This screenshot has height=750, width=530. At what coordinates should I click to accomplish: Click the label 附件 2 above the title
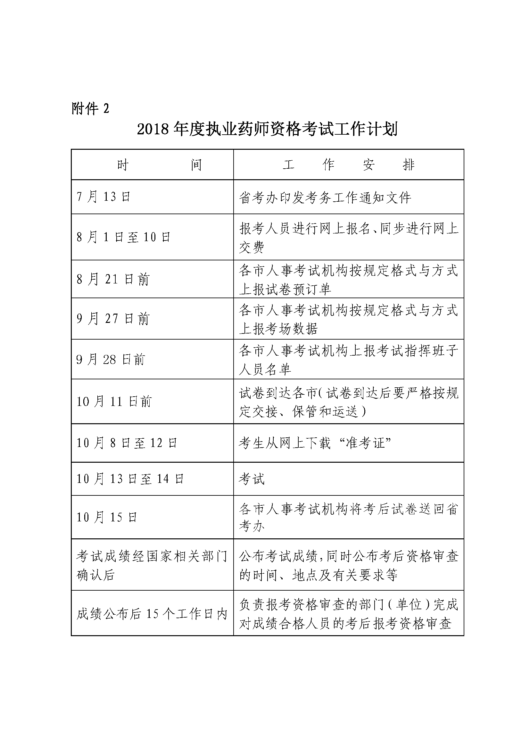click(x=90, y=108)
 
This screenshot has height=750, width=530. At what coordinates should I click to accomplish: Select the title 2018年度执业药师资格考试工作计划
click(x=267, y=129)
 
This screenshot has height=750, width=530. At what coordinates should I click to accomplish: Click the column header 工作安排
click(x=348, y=165)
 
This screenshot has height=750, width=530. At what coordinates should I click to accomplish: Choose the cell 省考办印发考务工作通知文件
click(x=325, y=198)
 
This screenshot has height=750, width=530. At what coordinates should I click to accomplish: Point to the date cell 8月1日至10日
click(x=123, y=237)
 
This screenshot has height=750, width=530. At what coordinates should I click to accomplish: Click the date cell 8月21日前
click(x=112, y=279)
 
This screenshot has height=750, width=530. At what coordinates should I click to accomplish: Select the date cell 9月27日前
click(x=112, y=318)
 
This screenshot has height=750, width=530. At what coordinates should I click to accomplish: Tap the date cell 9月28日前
click(x=110, y=360)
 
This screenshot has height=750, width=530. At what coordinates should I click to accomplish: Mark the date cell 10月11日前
click(x=114, y=401)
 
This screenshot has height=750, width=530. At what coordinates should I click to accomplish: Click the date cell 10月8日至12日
click(x=127, y=443)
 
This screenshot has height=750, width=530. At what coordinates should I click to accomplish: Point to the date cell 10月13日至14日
click(x=130, y=479)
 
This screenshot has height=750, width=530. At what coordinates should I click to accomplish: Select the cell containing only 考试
click(x=252, y=479)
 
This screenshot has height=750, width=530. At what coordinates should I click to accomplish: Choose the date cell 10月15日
click(x=106, y=517)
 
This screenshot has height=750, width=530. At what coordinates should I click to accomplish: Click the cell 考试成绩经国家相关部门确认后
click(x=152, y=565)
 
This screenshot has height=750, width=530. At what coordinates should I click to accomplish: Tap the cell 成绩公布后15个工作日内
click(x=152, y=614)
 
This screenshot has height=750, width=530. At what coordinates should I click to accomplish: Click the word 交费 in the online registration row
click(x=252, y=247)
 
